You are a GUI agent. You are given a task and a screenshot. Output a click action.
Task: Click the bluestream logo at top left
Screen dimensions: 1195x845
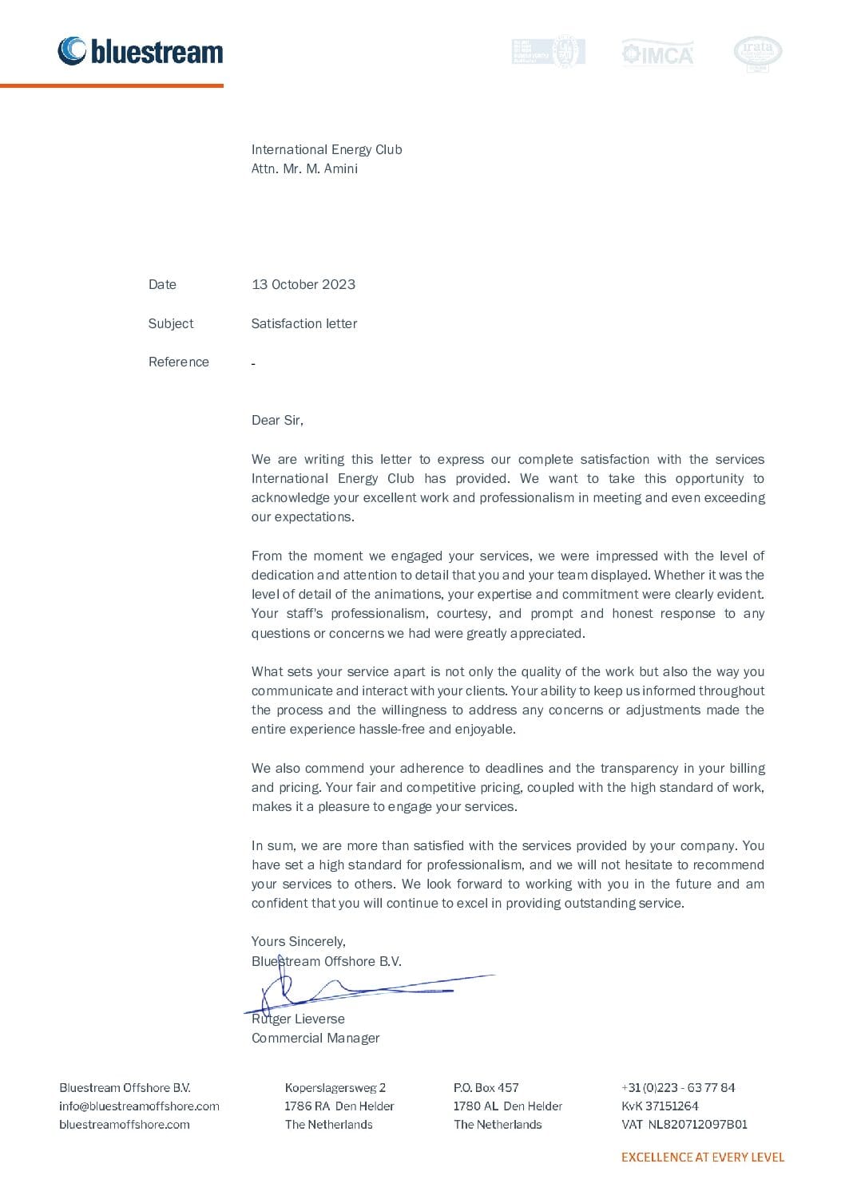point(141,51)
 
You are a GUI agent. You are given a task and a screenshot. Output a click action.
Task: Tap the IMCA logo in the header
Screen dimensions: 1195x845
point(657,53)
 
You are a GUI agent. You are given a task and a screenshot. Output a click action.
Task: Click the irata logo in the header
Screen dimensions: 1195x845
point(757,53)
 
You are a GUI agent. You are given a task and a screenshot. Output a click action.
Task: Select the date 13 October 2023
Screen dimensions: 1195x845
point(303,285)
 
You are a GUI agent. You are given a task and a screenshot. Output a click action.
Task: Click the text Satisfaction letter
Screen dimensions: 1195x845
point(304,323)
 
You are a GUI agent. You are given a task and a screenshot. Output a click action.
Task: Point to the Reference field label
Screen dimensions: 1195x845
point(179,362)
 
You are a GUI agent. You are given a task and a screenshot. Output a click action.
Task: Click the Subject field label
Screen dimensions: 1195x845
point(171,323)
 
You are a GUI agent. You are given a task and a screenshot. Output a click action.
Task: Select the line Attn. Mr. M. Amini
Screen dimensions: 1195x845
point(304,169)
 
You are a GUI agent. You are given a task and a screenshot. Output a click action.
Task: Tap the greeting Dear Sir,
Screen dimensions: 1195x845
point(277,421)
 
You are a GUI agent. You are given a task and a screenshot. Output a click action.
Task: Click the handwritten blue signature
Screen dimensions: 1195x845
point(359,991)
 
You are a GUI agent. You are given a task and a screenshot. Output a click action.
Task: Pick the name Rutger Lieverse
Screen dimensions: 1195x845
point(298,1019)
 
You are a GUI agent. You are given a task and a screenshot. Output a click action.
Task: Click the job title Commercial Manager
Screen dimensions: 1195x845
point(315,1039)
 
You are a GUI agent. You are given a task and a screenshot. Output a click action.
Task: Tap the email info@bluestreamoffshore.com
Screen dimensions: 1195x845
point(139,1106)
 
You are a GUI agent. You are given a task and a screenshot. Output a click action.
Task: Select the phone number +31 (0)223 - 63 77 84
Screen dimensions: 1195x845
point(678,1088)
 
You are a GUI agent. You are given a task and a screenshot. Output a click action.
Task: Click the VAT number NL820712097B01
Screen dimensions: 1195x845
point(696,1125)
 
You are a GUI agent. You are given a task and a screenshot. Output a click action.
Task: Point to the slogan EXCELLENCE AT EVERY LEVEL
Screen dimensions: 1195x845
point(703,1157)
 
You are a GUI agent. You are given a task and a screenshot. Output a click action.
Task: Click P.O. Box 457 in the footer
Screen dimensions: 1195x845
point(486,1088)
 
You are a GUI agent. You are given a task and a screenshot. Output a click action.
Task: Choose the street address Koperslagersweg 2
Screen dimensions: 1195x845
point(335,1088)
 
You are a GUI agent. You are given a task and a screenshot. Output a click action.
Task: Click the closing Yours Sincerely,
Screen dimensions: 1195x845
point(299,942)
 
